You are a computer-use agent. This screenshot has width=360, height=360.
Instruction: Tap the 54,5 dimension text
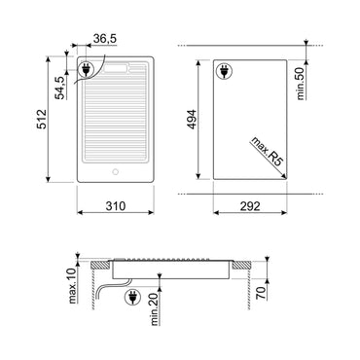pyautogui.click(x=59, y=87)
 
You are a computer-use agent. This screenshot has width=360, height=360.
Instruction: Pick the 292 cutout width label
pyautogui.click(x=250, y=207)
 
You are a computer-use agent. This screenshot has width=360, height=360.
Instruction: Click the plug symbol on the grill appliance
pyautogui.click(x=89, y=70)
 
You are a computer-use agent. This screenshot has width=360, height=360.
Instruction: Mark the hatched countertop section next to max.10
pyautogui.click(x=96, y=265)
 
